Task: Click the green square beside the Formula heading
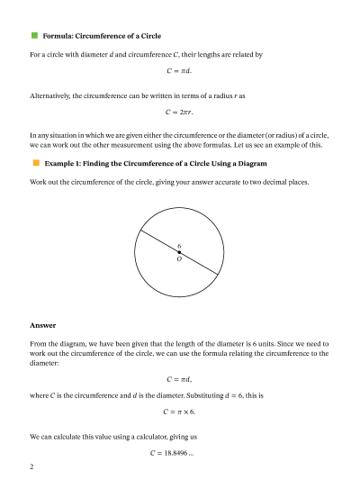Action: pos(34,35)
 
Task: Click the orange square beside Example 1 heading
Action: pos(34,163)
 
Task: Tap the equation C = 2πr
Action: pos(179,113)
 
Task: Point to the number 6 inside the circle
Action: pos(179,246)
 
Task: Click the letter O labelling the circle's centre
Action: pos(179,259)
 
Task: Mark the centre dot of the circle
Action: pos(179,252)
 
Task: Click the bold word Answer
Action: pos(42,325)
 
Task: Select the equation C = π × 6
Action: pos(179,412)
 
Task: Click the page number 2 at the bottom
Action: pos(32,467)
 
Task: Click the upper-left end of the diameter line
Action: pos(138,232)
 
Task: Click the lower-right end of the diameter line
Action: pos(220,272)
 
